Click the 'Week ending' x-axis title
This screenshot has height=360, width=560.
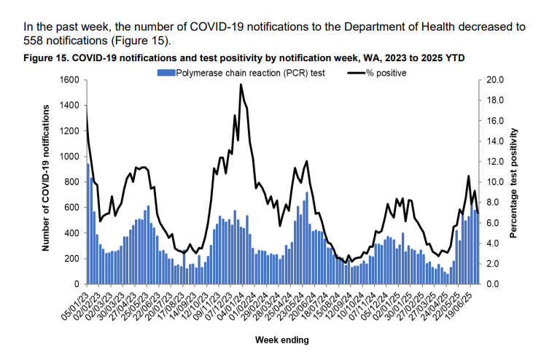[281, 340]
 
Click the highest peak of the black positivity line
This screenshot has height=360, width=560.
[241, 85]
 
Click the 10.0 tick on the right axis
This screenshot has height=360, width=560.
[495, 182]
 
